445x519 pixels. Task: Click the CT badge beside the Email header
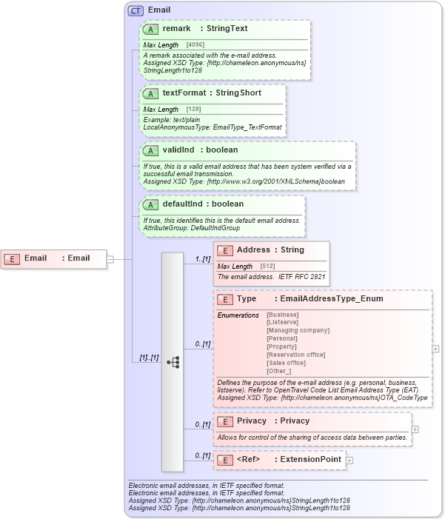[x=136, y=10]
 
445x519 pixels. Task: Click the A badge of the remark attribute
[x=151, y=29]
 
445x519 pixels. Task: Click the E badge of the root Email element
[x=12, y=258]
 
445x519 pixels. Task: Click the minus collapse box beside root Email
[x=110, y=259]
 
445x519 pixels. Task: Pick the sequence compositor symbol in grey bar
[x=173, y=362]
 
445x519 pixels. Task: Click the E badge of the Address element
[x=225, y=250]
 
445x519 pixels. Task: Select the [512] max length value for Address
[x=268, y=267]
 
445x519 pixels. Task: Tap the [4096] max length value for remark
[x=195, y=45]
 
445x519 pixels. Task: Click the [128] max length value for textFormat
[x=193, y=110]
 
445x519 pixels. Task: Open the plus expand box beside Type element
[x=436, y=348]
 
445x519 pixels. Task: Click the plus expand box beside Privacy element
[x=415, y=429]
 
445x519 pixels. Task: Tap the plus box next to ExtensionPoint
[x=349, y=460]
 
